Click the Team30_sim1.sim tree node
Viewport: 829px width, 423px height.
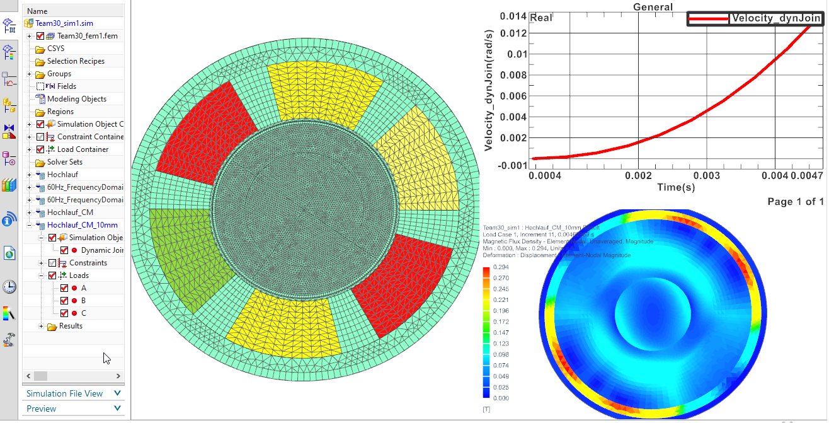[x=64, y=23]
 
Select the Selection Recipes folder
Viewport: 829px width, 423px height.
[x=76, y=61]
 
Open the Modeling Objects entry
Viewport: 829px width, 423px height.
[x=76, y=99]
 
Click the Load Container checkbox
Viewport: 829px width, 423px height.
[x=40, y=149]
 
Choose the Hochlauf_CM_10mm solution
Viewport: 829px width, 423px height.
[x=82, y=225]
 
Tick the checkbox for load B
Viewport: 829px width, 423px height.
[x=64, y=301]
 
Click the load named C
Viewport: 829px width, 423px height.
[x=84, y=313]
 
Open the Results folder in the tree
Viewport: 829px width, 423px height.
[x=71, y=326]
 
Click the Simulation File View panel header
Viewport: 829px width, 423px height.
[x=64, y=393]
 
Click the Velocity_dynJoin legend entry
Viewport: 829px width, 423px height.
[x=775, y=18]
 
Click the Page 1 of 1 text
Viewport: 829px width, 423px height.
[x=796, y=202]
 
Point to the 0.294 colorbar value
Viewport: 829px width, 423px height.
[x=501, y=267]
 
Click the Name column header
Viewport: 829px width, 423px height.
[x=37, y=11]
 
